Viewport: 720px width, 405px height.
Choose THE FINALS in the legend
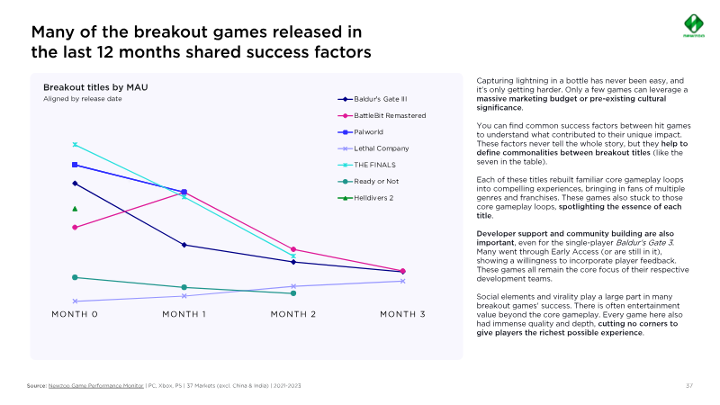coord(373,165)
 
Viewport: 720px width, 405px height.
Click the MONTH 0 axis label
coord(75,314)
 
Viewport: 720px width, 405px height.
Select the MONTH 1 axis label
coord(184,314)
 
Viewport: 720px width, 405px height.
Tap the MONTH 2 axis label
coord(293,314)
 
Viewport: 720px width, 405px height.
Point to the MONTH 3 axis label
coord(403,314)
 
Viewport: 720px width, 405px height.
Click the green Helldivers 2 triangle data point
coord(75,209)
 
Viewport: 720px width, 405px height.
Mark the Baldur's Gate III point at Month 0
coord(75,184)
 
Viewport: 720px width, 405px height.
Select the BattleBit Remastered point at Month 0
coord(75,227)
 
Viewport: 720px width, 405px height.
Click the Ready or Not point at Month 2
coord(293,292)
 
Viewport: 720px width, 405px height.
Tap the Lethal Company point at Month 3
coord(403,281)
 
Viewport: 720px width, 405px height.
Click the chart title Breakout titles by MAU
coord(95,87)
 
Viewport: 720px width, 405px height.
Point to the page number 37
coord(688,386)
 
